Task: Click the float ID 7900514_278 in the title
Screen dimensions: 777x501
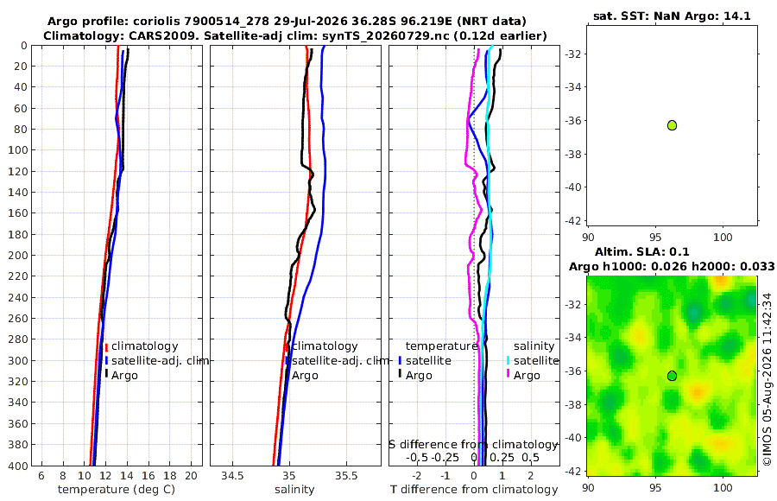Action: tap(226, 22)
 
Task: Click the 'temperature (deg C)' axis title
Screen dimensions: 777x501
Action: tap(117, 490)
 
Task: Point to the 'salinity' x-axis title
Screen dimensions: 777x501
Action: tap(294, 490)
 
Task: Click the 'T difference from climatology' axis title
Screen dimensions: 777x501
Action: tap(474, 490)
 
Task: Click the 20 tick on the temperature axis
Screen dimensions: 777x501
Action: tap(192, 476)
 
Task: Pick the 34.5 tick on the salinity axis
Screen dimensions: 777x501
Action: tap(232, 476)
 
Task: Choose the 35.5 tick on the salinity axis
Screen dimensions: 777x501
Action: tap(346, 476)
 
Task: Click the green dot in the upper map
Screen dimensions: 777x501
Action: tap(672, 125)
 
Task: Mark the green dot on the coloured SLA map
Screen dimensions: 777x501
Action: tap(672, 376)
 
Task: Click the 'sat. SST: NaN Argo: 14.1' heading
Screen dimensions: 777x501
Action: tap(672, 16)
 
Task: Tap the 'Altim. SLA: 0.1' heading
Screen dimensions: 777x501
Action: tap(642, 251)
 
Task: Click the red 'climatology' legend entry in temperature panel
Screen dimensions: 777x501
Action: tap(142, 346)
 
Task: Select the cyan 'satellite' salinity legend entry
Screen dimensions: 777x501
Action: tap(533, 360)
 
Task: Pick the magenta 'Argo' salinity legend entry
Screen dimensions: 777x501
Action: tap(523, 376)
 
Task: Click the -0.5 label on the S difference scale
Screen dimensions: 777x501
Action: tap(417, 457)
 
